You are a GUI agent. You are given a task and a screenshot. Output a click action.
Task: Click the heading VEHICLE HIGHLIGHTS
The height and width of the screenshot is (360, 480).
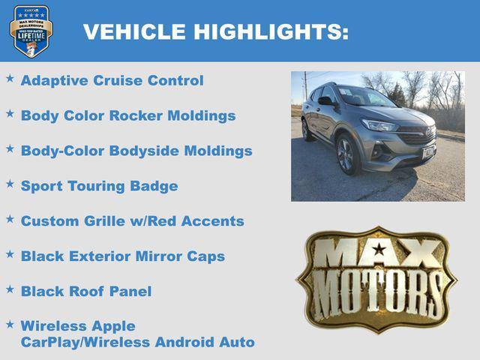(215, 31)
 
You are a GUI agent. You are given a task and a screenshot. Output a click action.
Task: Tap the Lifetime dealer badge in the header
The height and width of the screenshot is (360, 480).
(31, 31)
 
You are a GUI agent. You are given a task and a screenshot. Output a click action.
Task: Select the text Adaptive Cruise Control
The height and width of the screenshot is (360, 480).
(112, 80)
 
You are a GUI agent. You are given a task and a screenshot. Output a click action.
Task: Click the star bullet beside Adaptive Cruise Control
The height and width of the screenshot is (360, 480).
(10, 78)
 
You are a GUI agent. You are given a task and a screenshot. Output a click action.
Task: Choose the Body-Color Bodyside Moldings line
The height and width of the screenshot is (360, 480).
(136, 151)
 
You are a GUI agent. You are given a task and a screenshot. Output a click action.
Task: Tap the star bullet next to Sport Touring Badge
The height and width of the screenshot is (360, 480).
(10, 184)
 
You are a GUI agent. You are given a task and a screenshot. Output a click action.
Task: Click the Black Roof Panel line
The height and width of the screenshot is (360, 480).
(85, 291)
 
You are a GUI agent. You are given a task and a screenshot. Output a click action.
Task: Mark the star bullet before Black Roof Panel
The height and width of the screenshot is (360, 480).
(10, 289)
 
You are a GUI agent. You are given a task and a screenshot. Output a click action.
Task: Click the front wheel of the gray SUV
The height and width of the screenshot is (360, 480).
(346, 154)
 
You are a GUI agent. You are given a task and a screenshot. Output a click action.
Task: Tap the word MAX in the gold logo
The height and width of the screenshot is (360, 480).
(376, 253)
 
